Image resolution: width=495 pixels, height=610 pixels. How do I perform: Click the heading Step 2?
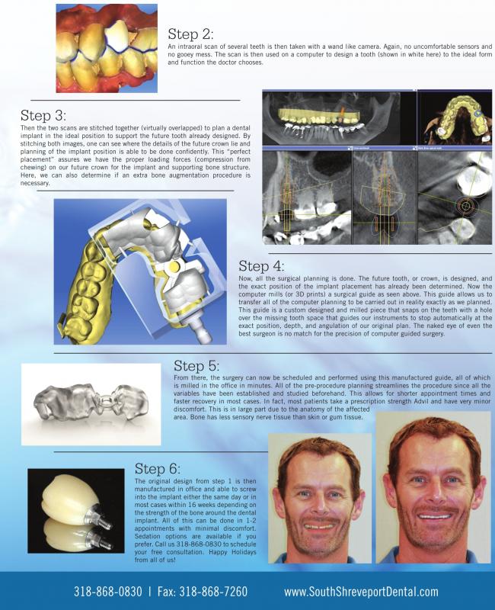tap(190, 34)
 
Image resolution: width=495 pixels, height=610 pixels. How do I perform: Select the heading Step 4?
tap(261, 266)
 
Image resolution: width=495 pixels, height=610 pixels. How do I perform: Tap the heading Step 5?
tap(196, 365)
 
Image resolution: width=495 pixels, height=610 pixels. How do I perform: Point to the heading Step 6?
tap(157, 468)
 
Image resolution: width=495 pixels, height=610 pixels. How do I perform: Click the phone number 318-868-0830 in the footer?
tap(106, 591)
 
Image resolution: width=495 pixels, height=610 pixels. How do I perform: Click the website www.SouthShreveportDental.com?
tap(361, 591)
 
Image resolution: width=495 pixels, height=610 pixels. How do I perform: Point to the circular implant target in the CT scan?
tap(464, 206)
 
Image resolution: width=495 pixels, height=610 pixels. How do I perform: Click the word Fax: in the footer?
tap(168, 591)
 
